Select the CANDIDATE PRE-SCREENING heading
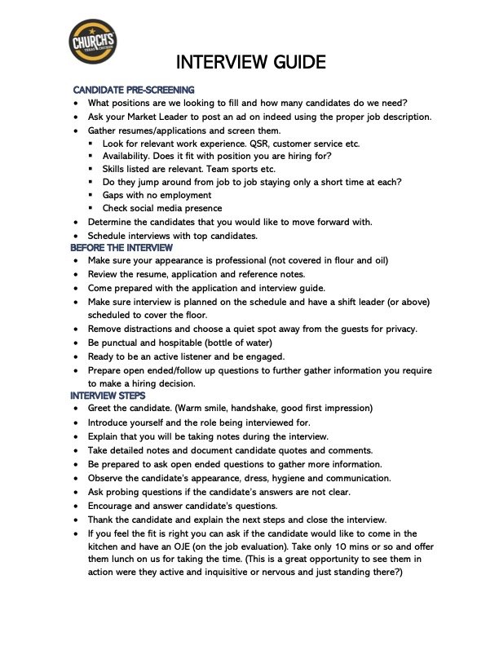click(134, 89)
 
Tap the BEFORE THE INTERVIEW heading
click(121, 247)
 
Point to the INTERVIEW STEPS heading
click(110, 395)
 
